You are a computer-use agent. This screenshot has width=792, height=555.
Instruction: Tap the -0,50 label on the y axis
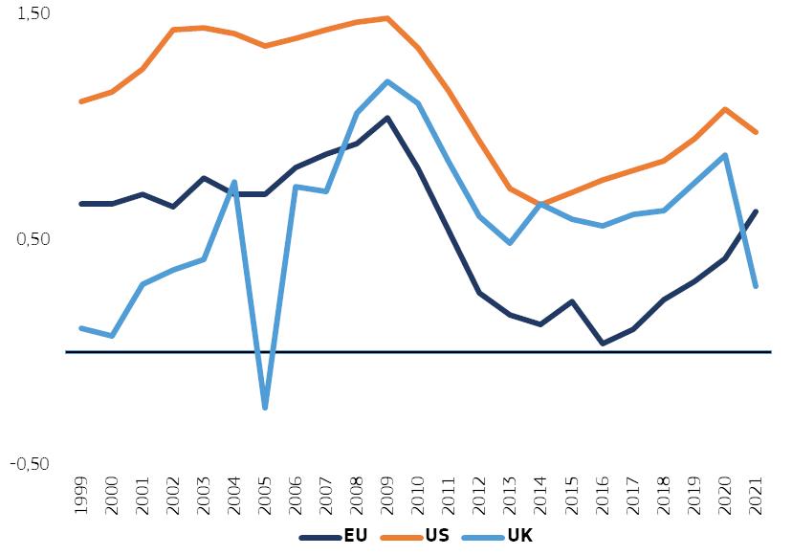click(x=30, y=463)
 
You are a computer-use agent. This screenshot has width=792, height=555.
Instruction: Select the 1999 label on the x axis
click(x=81, y=496)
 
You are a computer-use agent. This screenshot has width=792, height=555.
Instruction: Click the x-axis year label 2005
click(x=265, y=496)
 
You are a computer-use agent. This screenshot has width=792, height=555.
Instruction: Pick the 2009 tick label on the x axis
click(x=387, y=496)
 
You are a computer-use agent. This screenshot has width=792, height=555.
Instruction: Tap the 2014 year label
click(x=540, y=496)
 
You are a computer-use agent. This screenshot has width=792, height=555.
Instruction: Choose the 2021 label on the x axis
click(x=756, y=496)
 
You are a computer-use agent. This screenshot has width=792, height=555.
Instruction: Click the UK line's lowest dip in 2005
click(x=265, y=408)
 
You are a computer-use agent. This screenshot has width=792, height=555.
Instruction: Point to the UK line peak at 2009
click(x=387, y=81)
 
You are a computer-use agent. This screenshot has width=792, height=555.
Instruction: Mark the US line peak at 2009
click(x=387, y=18)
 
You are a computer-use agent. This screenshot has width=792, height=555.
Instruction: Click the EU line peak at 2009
click(x=387, y=118)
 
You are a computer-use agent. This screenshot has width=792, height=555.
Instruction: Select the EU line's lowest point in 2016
click(x=602, y=343)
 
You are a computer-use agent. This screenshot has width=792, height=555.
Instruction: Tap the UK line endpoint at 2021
click(x=756, y=286)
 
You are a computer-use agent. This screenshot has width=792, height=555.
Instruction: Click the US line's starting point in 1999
click(x=81, y=101)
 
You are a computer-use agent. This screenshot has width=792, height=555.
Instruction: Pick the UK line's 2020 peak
click(x=725, y=155)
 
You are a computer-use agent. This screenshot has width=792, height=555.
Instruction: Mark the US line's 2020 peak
click(x=725, y=109)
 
